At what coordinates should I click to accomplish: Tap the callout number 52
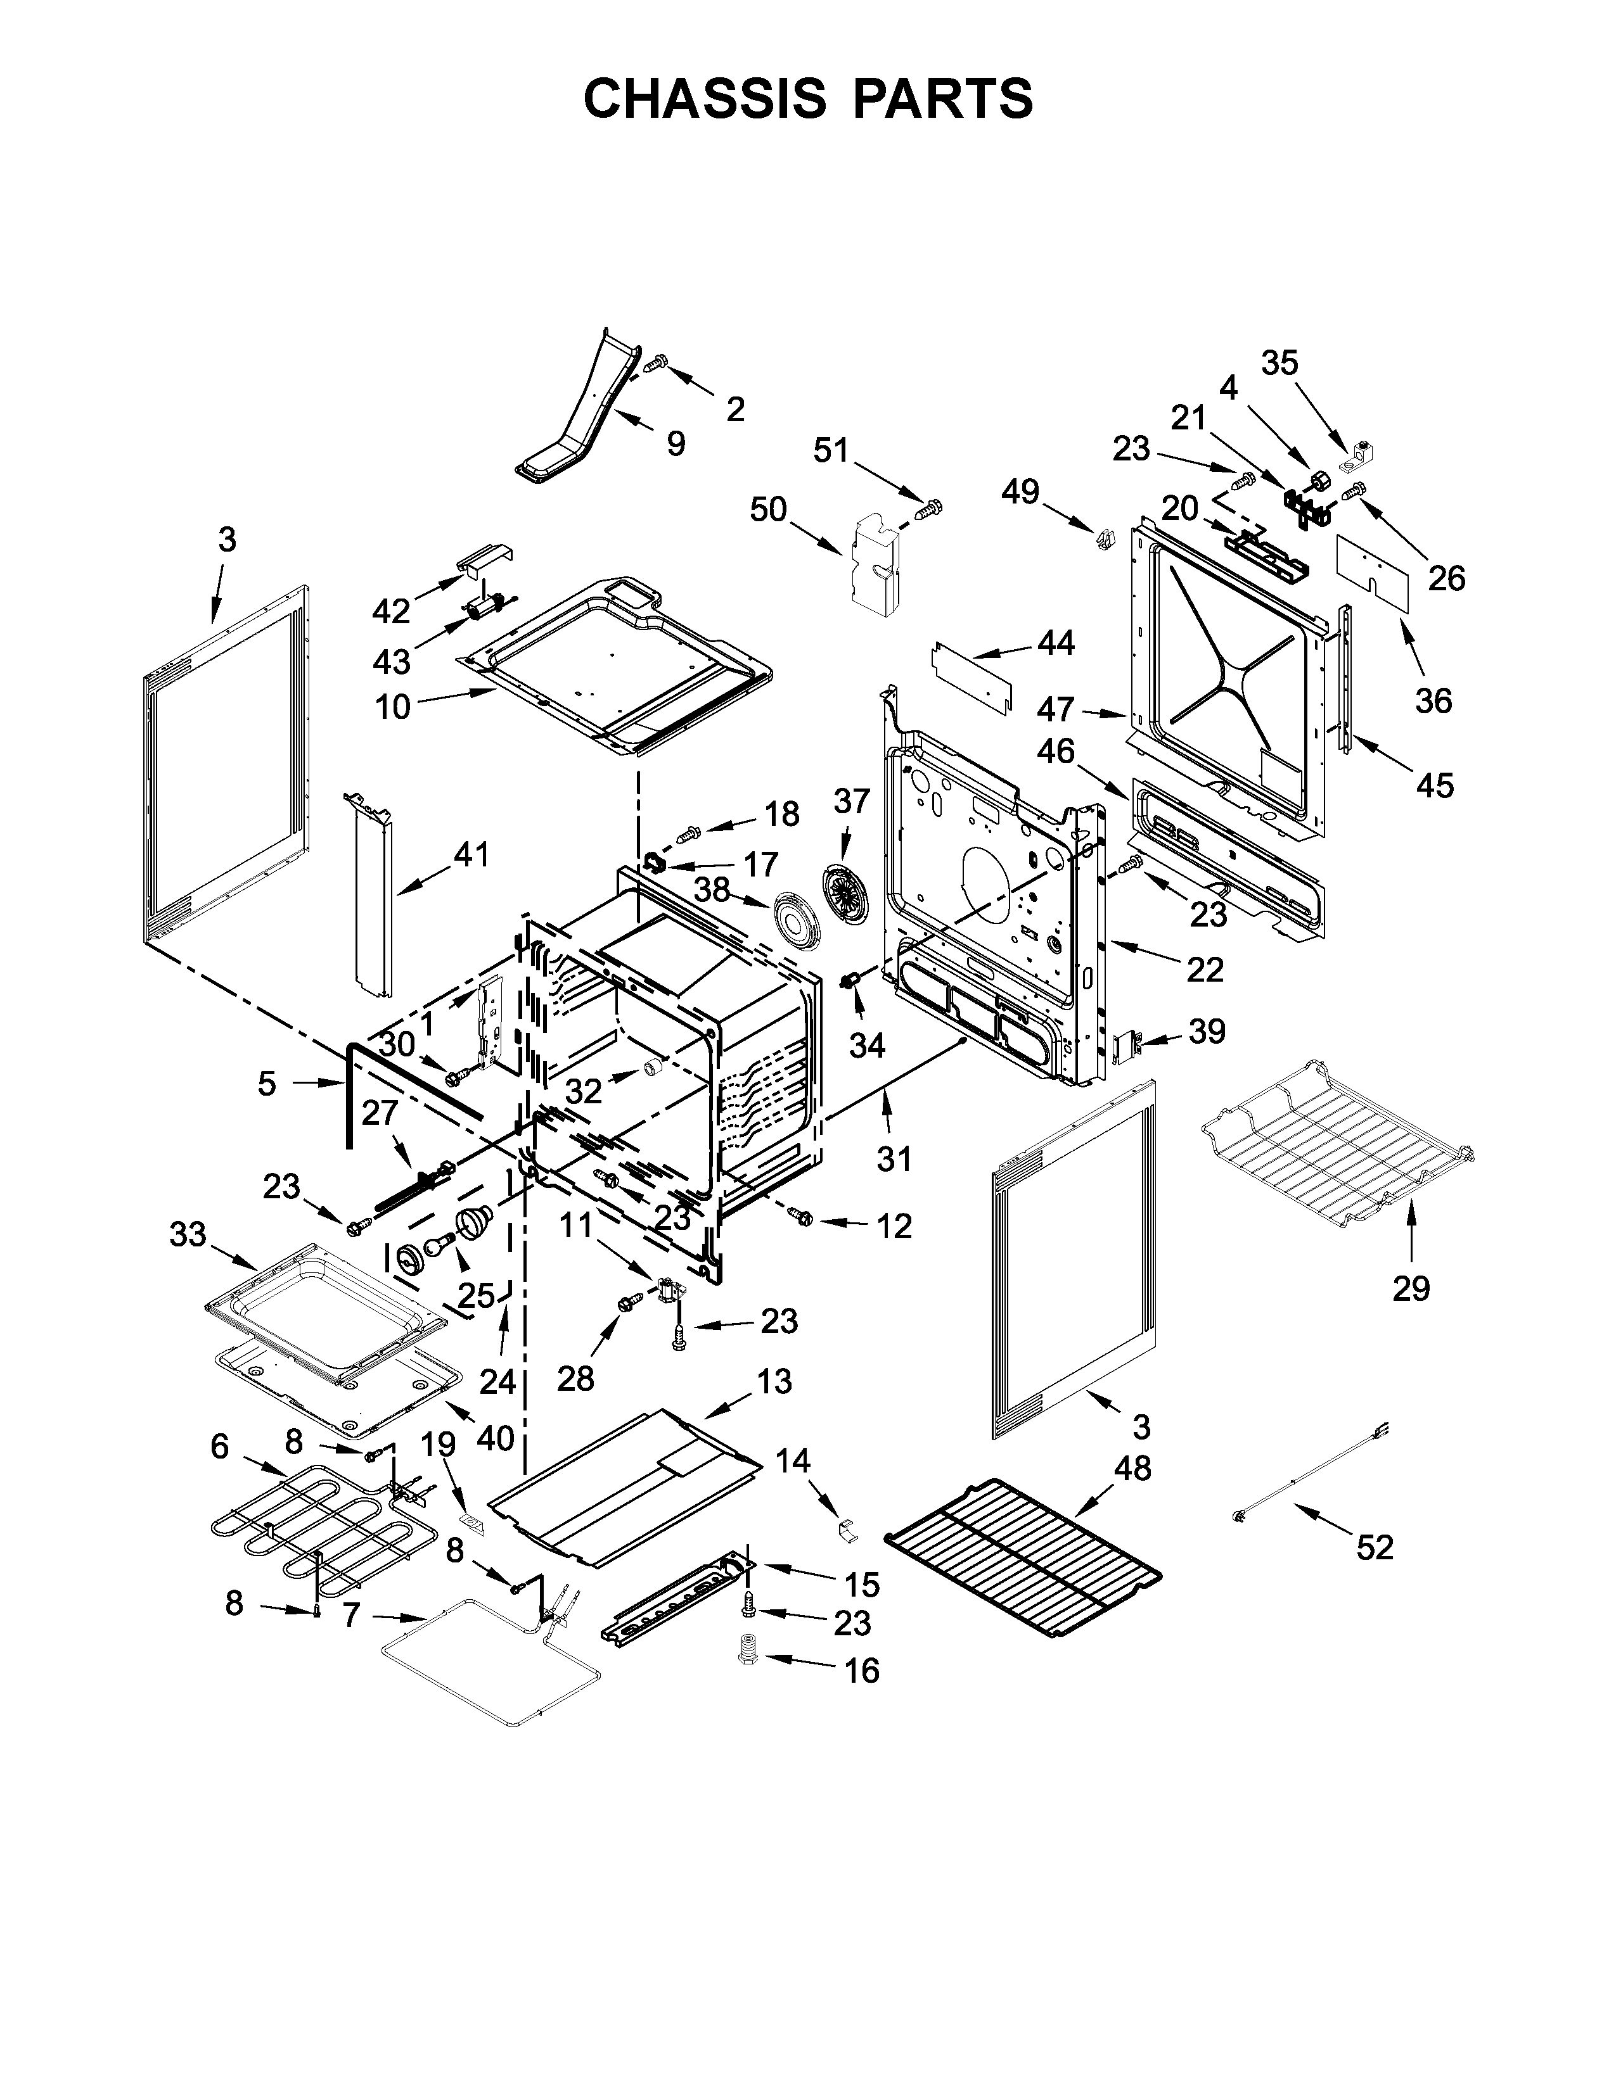pyautogui.click(x=1375, y=1547)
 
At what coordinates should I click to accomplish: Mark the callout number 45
pyautogui.click(x=1433, y=786)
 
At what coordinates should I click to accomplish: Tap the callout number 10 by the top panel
pyautogui.click(x=392, y=707)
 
